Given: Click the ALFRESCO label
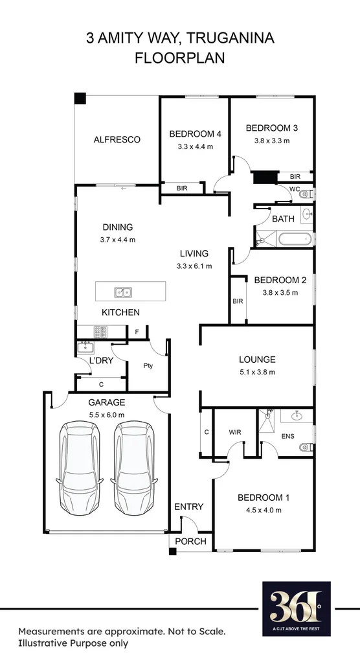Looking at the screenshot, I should point(117,139).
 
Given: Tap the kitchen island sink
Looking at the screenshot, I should point(123,292).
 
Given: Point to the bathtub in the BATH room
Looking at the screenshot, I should point(295,240).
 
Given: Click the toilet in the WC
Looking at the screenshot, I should point(308,193).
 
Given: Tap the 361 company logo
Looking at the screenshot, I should point(296,607).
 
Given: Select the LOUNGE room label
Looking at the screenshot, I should point(257,360).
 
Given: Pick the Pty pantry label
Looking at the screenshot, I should point(148,365).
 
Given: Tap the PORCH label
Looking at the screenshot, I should point(190,541).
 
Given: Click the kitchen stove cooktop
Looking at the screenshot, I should point(101,332).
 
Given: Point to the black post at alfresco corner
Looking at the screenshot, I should point(80,98).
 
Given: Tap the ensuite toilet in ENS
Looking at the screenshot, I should point(306,447).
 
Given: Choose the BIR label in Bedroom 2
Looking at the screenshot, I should point(238,301).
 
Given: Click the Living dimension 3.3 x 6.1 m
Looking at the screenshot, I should point(194,266).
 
